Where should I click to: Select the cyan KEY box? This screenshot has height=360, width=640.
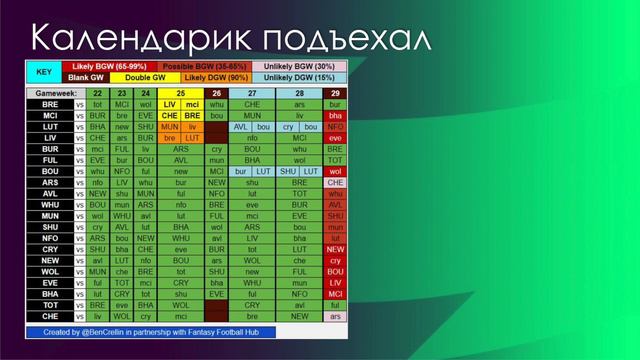point(43,72)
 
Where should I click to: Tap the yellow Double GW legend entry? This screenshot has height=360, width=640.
point(145,78)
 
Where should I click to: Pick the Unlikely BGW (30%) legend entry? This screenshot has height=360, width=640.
point(298,66)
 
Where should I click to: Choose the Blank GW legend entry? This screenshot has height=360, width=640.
point(87,78)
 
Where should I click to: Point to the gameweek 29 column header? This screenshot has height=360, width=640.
point(335,93)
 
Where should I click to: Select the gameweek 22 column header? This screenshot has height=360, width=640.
point(98,93)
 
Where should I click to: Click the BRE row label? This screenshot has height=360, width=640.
point(49,104)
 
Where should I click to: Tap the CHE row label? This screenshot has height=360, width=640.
point(49,316)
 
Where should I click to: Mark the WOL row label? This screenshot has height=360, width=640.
point(49,271)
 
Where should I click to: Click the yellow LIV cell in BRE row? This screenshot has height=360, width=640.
point(169,104)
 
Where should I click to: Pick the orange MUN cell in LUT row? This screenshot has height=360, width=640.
point(169,127)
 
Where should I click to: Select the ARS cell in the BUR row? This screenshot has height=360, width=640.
point(180,149)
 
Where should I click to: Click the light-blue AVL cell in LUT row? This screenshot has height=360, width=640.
point(241,127)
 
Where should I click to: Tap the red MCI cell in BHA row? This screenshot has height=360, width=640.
point(335,294)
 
